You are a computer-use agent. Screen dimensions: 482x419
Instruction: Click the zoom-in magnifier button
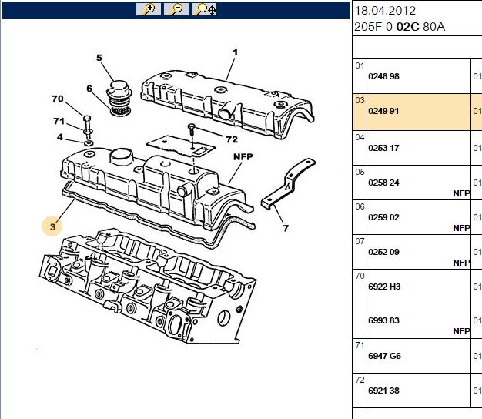tap(149, 9)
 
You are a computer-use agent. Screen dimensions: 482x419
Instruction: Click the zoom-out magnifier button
tap(176, 9)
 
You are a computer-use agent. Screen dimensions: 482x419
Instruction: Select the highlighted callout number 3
tap(52, 227)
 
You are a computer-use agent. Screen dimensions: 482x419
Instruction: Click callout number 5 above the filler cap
tap(99, 58)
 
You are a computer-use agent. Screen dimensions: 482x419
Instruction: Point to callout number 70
tap(58, 99)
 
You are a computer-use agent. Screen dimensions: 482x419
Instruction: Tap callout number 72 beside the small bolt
tap(232, 139)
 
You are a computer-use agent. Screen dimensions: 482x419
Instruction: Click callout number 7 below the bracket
tap(286, 228)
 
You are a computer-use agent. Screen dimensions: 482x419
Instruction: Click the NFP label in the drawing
tap(243, 157)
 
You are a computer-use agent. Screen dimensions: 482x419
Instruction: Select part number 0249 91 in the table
tap(383, 111)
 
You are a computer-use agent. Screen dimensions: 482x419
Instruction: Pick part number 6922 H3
tap(384, 287)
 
